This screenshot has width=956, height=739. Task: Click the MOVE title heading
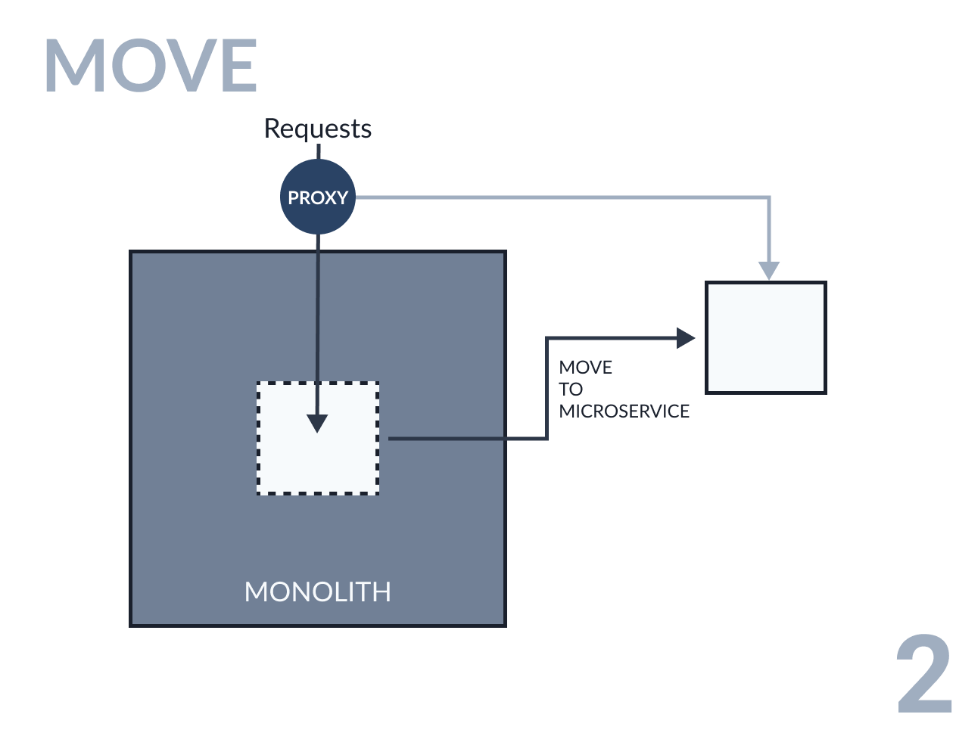click(x=151, y=67)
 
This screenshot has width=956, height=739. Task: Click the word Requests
click(x=317, y=129)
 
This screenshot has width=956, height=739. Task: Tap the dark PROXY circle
click(x=317, y=197)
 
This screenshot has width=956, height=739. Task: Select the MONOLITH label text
click(x=317, y=592)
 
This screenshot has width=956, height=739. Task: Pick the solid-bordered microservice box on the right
click(x=765, y=338)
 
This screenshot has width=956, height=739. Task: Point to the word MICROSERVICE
click(x=624, y=411)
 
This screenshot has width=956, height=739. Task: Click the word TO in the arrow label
click(x=571, y=390)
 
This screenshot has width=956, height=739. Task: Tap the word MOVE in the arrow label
click(x=585, y=368)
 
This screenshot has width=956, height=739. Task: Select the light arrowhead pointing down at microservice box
click(x=769, y=270)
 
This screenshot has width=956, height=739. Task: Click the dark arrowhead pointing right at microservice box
click(x=685, y=338)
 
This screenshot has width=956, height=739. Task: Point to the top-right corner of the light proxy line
click(x=769, y=198)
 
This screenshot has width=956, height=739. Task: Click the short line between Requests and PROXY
click(x=318, y=151)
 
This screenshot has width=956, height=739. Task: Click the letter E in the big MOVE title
click(x=235, y=67)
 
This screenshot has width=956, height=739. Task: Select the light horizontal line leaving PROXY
click(x=560, y=198)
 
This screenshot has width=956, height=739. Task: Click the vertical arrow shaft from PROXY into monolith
click(x=318, y=318)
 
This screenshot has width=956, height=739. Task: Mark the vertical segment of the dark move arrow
click(x=547, y=387)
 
